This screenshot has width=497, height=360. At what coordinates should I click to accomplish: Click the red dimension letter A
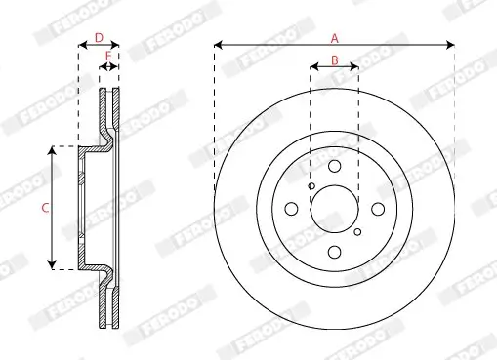(x=334, y=38)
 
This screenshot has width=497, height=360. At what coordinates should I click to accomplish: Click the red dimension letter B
(x=334, y=60)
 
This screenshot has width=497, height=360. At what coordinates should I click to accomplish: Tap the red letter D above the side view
(x=98, y=38)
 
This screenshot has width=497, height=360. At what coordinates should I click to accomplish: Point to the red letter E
(x=108, y=58)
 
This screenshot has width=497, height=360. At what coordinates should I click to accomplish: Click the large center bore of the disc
(x=334, y=208)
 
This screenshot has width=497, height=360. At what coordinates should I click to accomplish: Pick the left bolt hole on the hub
(x=291, y=209)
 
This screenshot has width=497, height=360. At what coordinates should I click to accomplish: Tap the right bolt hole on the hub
(x=377, y=208)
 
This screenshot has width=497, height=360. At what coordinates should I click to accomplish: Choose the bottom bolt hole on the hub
(x=334, y=251)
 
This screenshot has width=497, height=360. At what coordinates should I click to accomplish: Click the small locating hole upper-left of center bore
(x=311, y=186)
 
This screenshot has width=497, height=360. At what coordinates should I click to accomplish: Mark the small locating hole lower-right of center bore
(x=357, y=231)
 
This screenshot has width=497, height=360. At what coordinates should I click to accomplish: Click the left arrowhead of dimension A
(x=217, y=45)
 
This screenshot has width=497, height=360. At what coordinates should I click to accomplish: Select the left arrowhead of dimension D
(x=81, y=45)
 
